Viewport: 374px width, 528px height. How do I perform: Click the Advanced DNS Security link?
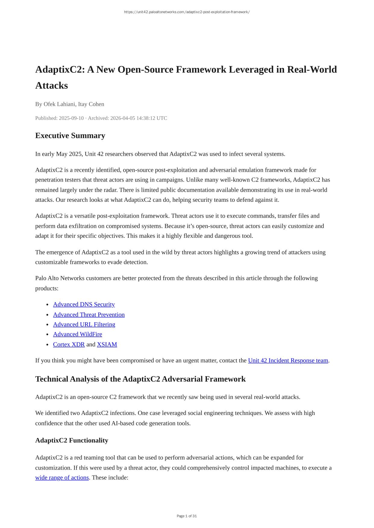pyautogui.click(x=84, y=304)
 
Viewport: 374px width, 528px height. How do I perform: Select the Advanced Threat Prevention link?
pyautogui.click(x=89, y=315)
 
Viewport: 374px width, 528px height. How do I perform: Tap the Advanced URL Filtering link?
pyautogui.click(x=84, y=324)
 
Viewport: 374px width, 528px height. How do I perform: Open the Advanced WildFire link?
pyautogui.click(x=77, y=334)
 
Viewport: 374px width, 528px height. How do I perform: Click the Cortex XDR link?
pyautogui.click(x=69, y=345)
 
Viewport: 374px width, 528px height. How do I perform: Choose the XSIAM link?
pyautogui.click(x=107, y=345)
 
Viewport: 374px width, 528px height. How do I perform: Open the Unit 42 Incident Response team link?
pyautogui.click(x=288, y=361)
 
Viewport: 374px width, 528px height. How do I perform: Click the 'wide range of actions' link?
pyautogui.click(x=62, y=478)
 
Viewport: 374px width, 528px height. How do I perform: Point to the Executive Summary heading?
pyautogui.click(x=70, y=136)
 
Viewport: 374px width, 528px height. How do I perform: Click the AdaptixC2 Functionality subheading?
pyautogui.click(x=72, y=441)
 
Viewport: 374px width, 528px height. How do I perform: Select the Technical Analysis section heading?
pyautogui.click(x=140, y=379)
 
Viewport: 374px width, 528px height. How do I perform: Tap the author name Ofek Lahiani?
pyautogui.click(x=59, y=104)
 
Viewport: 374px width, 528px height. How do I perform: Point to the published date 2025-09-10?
pyautogui.click(x=71, y=118)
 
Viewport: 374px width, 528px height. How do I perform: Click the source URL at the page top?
pyautogui.click(x=187, y=12)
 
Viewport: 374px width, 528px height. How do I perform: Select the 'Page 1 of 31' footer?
pyautogui.click(x=187, y=516)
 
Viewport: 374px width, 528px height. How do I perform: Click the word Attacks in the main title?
pyautogui.click(x=51, y=86)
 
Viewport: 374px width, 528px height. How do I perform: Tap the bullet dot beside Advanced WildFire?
pyautogui.click(x=48, y=335)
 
